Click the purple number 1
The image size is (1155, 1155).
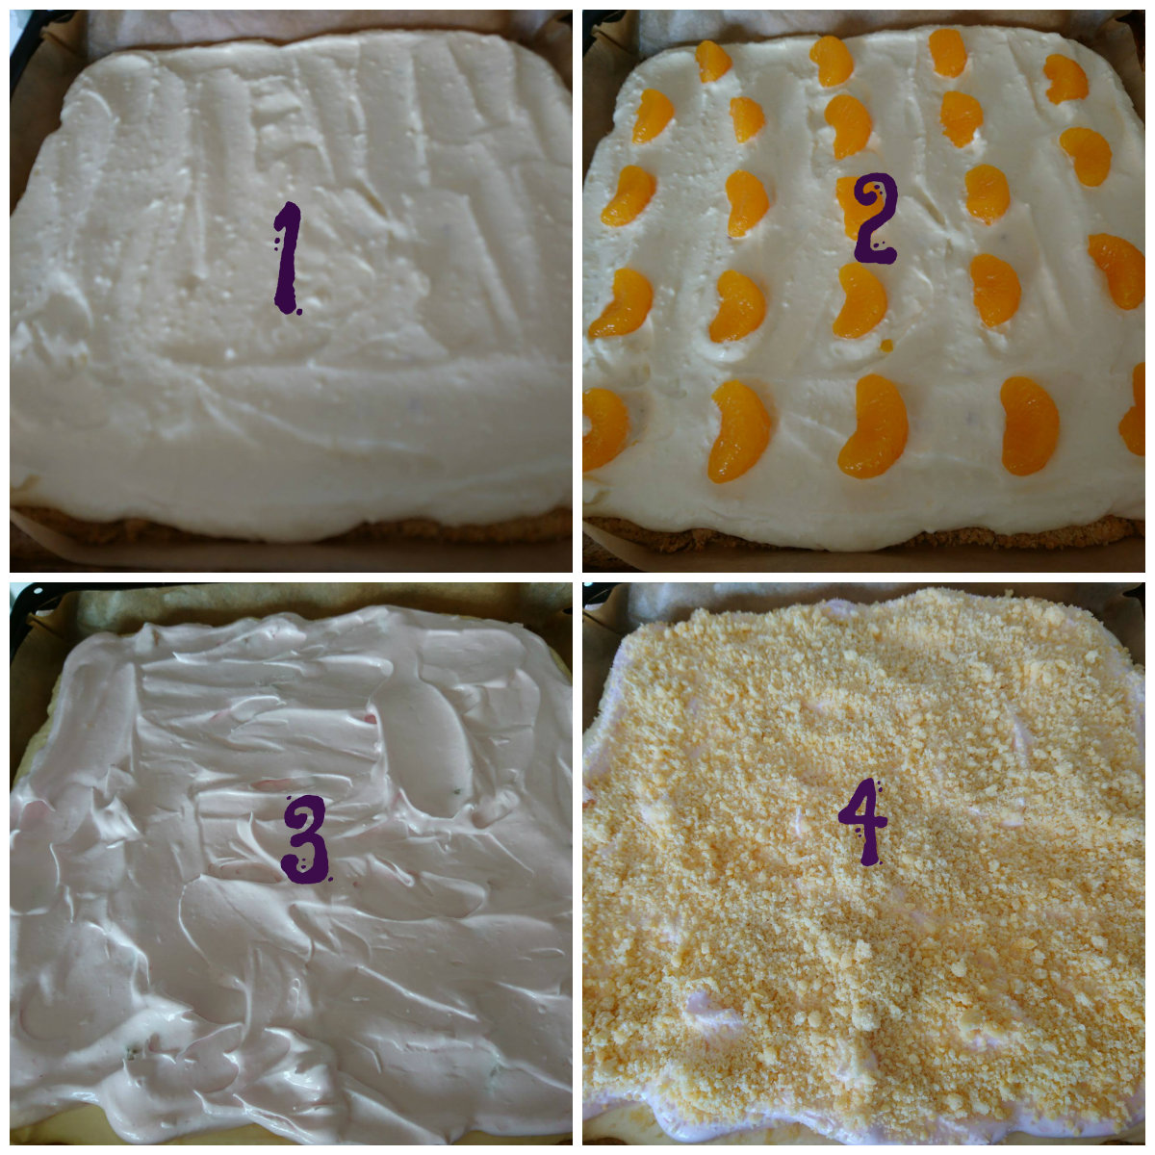(x=287, y=258)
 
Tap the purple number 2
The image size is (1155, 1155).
(x=875, y=218)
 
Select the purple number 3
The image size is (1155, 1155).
(x=306, y=838)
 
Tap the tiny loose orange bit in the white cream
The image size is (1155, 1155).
(x=886, y=346)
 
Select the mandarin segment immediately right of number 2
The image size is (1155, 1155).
(x=987, y=194)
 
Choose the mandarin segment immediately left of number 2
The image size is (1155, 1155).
(x=746, y=203)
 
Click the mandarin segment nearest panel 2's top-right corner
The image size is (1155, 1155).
(x=1065, y=79)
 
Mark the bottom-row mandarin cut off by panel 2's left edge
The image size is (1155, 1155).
(x=604, y=428)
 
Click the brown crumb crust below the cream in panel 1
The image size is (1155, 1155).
(x=288, y=528)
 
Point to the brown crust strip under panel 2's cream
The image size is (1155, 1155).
(x=863, y=537)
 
